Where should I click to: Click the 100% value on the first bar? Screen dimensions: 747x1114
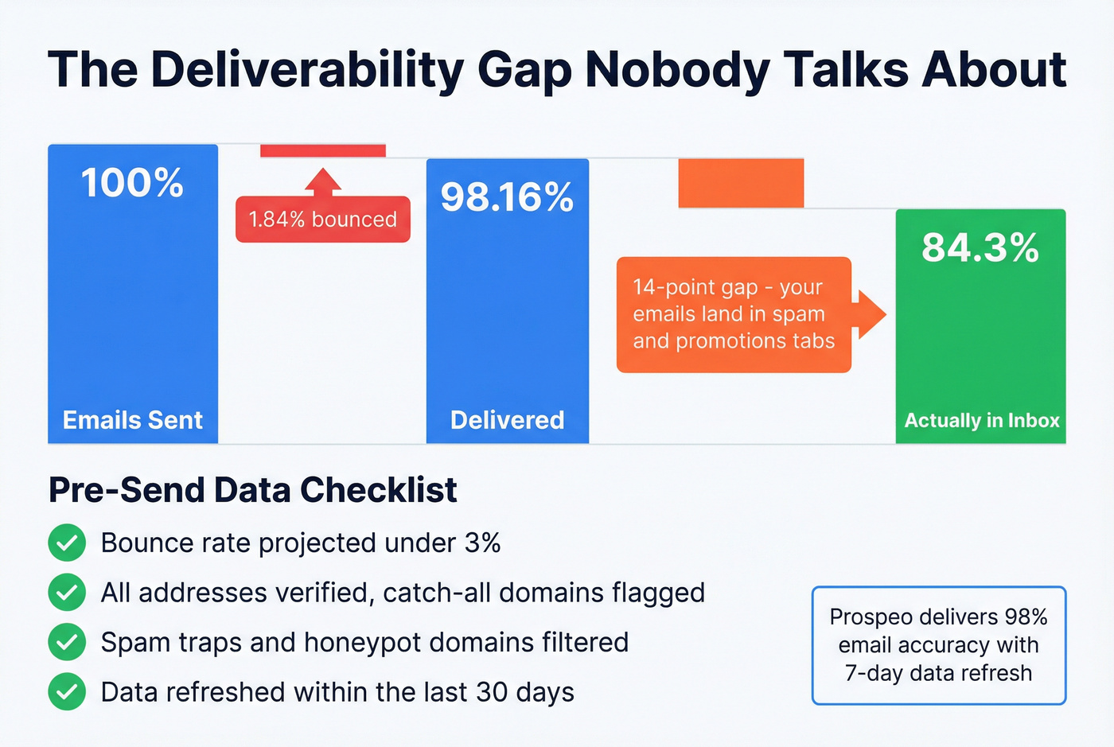pos(132,183)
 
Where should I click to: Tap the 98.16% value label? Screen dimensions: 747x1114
pos(507,197)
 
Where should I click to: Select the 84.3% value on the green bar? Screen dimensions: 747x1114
pos(980,247)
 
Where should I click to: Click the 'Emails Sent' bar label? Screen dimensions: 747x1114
pos(133,420)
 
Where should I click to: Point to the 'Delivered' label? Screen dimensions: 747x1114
pos(507,420)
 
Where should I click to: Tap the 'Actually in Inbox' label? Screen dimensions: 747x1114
pos(982,420)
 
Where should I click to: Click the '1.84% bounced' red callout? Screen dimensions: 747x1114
pos(322,220)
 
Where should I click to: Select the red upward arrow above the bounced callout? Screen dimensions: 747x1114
pos(322,181)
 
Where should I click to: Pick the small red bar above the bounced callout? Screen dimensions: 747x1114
pos(322,150)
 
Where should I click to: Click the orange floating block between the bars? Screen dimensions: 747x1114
pos(741,183)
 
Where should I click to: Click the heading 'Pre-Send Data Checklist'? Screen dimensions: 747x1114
pos(252,490)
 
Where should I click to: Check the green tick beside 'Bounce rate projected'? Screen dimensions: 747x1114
pos(67,543)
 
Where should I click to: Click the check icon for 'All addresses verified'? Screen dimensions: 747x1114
pos(67,593)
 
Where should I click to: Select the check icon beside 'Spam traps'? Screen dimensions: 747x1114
pos(67,642)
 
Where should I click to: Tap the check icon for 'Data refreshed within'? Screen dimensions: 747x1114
pos(67,692)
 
